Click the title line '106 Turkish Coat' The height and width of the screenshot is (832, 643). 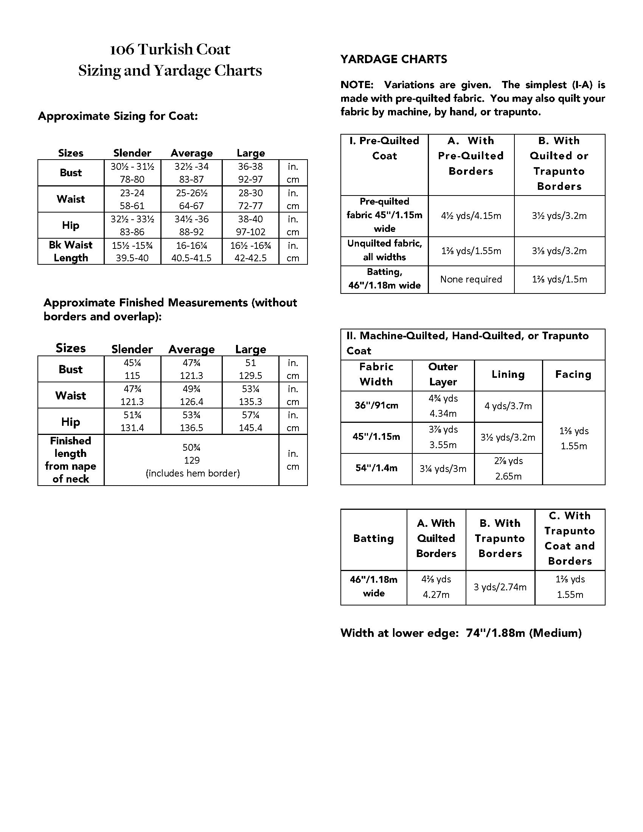point(170,50)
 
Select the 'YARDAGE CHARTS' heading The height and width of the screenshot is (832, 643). point(393,59)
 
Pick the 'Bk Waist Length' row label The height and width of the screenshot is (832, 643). point(70,251)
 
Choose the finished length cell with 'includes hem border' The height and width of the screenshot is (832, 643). point(192,460)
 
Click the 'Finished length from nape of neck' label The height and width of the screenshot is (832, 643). point(70,460)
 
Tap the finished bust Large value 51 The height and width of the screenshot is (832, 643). point(250,363)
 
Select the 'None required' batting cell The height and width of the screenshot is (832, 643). point(471,279)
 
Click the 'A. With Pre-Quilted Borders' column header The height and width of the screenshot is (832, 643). point(471,156)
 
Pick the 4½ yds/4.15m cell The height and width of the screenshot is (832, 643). point(471,216)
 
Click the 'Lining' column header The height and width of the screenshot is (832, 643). point(508,374)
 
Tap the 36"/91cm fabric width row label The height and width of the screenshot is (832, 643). point(376,405)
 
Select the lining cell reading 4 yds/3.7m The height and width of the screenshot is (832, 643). point(508,406)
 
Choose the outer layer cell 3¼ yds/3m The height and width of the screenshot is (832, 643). point(443,469)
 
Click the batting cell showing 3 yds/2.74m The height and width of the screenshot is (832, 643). point(500,587)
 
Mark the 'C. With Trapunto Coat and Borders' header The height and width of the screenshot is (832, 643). point(570,538)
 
